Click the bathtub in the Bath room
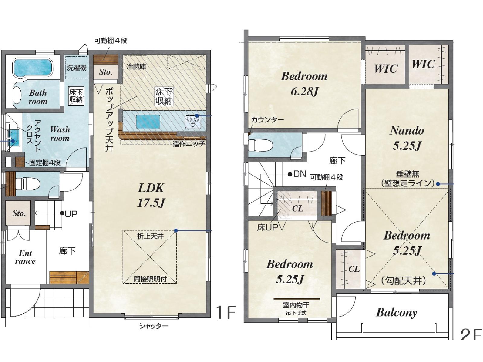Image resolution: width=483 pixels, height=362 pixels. (33, 68)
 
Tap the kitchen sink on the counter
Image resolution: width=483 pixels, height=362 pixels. (148, 122)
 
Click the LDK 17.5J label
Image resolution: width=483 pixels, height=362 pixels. (151, 195)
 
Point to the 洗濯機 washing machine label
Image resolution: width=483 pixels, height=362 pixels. (76, 68)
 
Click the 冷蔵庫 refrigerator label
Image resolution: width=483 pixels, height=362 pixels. (136, 66)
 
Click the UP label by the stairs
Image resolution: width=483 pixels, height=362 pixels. (71, 213)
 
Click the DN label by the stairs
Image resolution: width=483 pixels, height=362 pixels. (300, 174)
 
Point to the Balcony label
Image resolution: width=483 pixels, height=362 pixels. (396, 313)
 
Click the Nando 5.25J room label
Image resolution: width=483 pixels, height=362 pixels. (407, 138)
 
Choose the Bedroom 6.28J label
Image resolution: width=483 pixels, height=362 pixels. (304, 84)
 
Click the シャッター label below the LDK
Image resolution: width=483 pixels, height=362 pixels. (154, 326)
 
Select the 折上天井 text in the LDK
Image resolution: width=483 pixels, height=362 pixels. (150, 236)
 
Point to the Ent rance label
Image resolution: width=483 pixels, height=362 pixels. (25, 257)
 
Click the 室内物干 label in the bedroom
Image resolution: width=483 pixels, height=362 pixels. (296, 305)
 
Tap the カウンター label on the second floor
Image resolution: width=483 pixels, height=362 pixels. (267, 119)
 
